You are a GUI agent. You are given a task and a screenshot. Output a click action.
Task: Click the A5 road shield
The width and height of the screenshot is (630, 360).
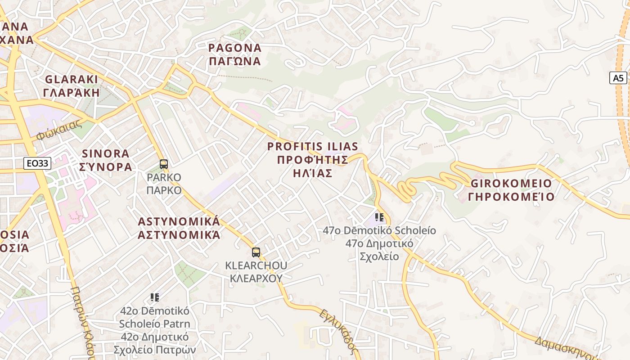click(618, 78)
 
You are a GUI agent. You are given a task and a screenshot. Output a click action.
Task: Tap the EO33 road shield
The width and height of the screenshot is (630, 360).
click(37, 163)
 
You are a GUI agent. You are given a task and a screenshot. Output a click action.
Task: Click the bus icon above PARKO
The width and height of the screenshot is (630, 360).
click(164, 164)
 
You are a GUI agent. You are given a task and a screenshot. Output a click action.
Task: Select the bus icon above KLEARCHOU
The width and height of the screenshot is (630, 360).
click(256, 252)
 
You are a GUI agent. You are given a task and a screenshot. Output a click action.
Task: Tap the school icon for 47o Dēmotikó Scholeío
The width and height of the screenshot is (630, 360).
click(379, 218)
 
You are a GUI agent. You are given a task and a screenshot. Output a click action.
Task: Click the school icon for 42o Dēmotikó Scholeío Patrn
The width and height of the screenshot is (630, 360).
click(155, 297)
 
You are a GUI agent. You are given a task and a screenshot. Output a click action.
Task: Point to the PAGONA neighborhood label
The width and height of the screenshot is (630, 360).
click(234, 48)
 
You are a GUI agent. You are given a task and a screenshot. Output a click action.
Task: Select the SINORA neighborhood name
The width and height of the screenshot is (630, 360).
click(106, 153)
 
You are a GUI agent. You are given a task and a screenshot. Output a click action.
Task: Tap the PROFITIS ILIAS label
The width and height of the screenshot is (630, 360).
click(313, 146)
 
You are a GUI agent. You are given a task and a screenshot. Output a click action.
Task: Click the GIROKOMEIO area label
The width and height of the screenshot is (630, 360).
click(511, 184)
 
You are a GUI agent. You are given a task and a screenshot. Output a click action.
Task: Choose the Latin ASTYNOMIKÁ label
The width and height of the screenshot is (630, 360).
click(179, 221)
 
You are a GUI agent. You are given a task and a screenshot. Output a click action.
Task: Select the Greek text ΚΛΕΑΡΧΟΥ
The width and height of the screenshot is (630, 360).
click(256, 278)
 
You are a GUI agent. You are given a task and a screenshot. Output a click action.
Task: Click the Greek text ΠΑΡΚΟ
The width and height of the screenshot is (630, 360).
click(164, 190)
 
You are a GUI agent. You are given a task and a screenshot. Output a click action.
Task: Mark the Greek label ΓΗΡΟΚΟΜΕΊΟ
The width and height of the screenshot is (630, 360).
click(511, 197)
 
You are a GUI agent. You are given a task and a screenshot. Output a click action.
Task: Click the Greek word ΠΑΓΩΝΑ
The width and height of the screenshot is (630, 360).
click(234, 61)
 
